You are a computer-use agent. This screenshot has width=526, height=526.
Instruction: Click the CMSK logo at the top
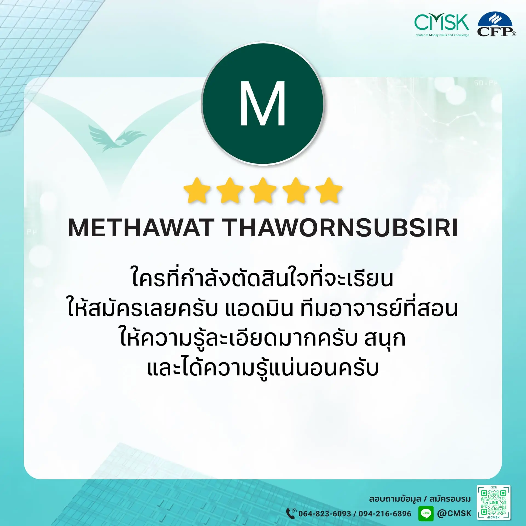pos(442,25)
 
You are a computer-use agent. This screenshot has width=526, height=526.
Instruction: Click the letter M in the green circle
pos(263,104)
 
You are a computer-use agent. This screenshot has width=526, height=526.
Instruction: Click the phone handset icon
pos(291,513)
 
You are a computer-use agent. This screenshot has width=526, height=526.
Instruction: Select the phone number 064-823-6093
pos(324,514)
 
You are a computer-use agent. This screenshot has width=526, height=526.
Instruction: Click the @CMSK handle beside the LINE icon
pos(454,513)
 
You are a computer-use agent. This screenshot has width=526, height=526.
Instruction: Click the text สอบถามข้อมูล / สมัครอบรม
pos(419,499)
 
